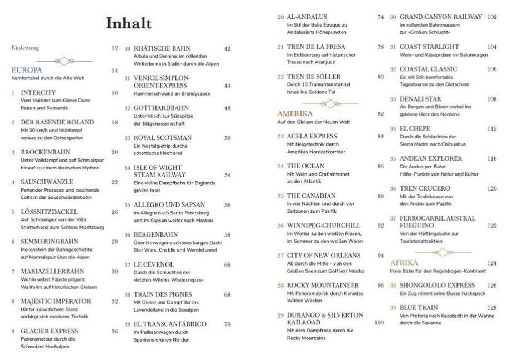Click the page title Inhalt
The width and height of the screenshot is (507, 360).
coord(128,24)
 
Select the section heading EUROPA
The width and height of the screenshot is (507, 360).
coord(27,70)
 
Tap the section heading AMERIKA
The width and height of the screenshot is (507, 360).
coord(295,113)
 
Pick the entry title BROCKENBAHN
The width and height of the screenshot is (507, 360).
coord(42,152)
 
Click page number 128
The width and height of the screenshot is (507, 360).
coord(491,307)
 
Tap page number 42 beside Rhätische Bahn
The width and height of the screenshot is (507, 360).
coord(227,48)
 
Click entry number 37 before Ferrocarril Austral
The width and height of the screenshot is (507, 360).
coord(393,218)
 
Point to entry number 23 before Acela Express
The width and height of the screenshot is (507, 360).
coord(280,136)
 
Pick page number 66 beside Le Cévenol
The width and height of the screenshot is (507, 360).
coord(227,264)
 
